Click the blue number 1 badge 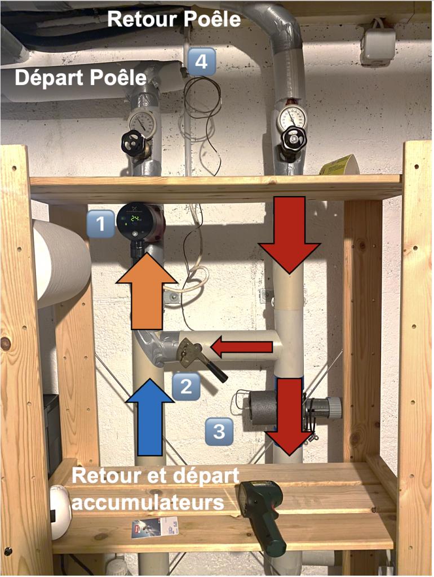(101, 224)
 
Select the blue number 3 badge (218, 431)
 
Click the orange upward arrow (145, 291)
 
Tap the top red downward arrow (290, 234)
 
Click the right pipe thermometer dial (291, 117)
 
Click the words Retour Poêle (174, 19)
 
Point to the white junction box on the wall (377, 46)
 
